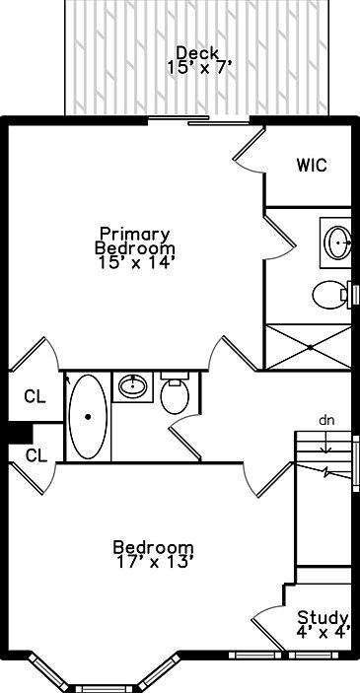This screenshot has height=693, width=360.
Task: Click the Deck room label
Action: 197,53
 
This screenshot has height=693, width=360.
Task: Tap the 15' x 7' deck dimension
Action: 199,68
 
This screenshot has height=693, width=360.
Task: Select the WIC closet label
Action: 312,166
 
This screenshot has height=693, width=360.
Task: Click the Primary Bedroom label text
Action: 135,241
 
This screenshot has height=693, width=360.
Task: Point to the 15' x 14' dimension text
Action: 135,262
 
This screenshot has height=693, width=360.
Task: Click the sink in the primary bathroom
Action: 338,243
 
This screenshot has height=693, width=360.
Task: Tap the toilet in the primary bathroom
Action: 331,295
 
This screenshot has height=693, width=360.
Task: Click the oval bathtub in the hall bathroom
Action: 88,416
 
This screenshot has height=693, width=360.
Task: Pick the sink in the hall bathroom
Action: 133,385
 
